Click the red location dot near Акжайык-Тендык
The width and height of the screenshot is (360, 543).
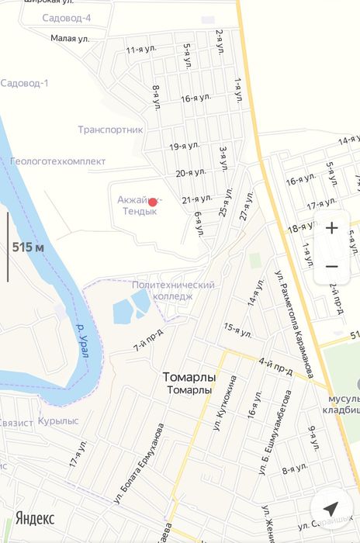pyautogui.click(x=153, y=202)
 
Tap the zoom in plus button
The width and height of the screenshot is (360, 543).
pyautogui.click(x=331, y=228)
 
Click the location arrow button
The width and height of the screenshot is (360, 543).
pyautogui.click(x=331, y=509)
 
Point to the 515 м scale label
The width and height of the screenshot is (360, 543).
pyautogui.click(x=28, y=247)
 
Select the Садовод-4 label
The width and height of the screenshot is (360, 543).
pyautogui.click(x=67, y=18)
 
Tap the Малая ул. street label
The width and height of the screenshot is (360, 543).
pyautogui.click(x=70, y=37)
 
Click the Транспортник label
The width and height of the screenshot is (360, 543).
pyautogui.click(x=110, y=130)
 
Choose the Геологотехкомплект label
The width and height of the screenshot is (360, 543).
pyautogui.click(x=57, y=161)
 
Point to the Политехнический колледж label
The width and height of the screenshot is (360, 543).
pyautogui.click(x=173, y=290)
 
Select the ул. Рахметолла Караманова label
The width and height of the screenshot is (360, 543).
pyautogui.click(x=294, y=323)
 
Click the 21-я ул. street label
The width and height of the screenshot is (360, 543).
pyautogui.click(x=197, y=200)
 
